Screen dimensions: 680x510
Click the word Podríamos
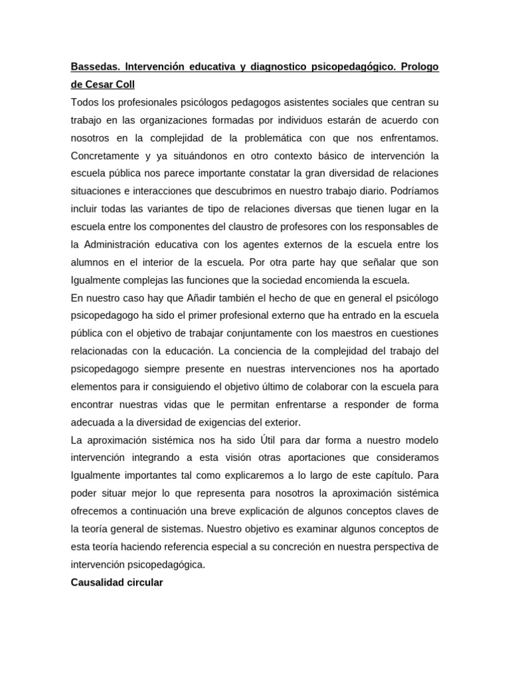pos(412,191)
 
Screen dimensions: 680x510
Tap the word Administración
pos(123,244)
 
